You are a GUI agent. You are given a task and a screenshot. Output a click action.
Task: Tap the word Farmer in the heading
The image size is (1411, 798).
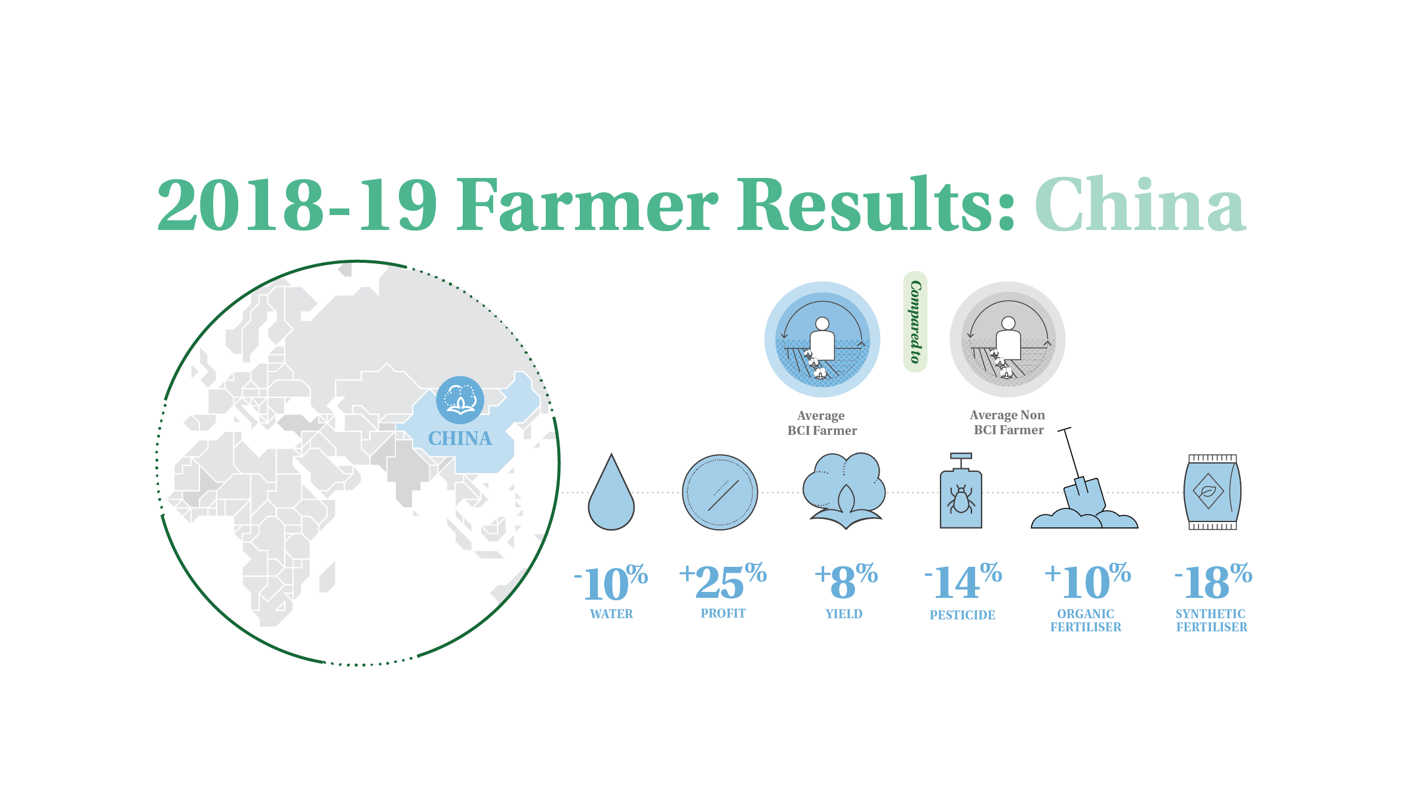pos(588,204)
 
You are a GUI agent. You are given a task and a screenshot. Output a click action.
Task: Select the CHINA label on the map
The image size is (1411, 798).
pos(460,438)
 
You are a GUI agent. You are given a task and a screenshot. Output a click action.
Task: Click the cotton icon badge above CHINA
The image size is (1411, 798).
pos(460,400)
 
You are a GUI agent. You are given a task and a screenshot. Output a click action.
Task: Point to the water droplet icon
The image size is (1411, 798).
pos(611,492)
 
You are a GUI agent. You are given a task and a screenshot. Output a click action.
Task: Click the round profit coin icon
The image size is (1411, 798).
pos(720,492)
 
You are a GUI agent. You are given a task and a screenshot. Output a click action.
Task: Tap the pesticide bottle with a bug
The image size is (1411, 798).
pos(961,491)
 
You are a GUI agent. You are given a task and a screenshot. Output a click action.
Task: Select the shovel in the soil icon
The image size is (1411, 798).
pos(1084,478)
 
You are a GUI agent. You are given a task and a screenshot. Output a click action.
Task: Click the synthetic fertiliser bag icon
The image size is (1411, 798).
pos(1212,492)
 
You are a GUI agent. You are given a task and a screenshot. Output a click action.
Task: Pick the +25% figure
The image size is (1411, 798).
pos(723,581)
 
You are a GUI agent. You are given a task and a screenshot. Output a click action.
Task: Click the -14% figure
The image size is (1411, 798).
pos(963,581)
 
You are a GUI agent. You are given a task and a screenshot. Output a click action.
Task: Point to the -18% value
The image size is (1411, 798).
pos(1213,581)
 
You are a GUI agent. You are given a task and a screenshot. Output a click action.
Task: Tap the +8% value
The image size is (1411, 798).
pos(846,581)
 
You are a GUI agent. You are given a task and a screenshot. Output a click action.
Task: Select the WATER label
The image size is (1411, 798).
pos(611,614)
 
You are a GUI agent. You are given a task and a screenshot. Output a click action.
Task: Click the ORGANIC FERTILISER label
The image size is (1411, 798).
pos(1086,621)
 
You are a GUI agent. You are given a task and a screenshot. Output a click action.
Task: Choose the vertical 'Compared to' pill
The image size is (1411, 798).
pos(915,321)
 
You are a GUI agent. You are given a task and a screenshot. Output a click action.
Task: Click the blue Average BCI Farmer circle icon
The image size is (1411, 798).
pos(822,339)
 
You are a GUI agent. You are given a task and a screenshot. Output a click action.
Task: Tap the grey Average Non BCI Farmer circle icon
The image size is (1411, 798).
pos(1007,339)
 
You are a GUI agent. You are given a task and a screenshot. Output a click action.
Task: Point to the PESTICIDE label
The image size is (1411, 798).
pos(963,615)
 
